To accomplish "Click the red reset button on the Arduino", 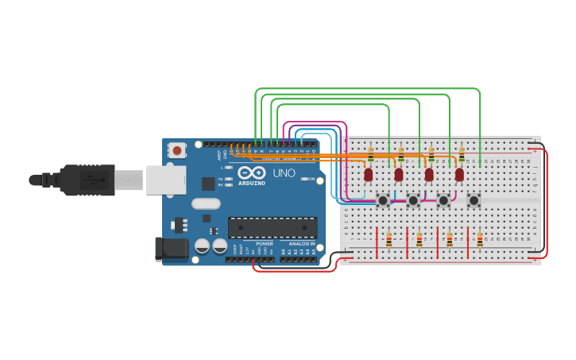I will [177, 149].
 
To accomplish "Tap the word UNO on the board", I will [284, 172].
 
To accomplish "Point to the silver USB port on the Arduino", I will [165, 180].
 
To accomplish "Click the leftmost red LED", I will [369, 174].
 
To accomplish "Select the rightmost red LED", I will [459, 174].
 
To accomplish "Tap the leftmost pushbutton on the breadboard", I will [383, 200].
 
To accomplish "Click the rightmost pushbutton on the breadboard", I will [474, 200].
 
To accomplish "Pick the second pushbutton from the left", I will [413, 200].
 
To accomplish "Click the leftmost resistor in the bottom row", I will [389, 239].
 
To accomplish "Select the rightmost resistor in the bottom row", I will [480, 239].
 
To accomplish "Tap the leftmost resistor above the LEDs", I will [371, 154].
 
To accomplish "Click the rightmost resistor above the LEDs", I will [462, 154].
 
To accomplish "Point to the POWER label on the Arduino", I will [265, 243].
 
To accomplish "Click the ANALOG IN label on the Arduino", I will [301, 243].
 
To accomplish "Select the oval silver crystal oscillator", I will [206, 203].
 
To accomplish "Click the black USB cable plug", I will [87, 180].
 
